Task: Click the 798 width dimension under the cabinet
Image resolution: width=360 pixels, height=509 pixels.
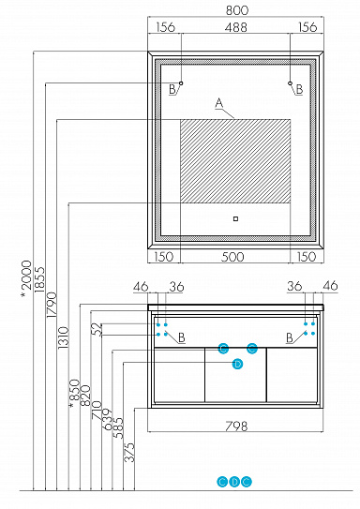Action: pyautogui.click(x=236, y=427)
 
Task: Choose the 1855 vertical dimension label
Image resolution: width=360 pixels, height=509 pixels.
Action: pyautogui.click(x=38, y=280)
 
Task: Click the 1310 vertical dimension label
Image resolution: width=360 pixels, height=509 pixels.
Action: pyautogui.click(x=63, y=348)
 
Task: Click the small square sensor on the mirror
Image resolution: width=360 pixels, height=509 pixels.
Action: pyautogui.click(x=234, y=220)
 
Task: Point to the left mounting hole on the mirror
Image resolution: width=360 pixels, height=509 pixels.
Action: pyautogui.click(x=181, y=83)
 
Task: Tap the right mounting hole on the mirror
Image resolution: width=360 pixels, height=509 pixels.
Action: pyautogui.click(x=290, y=83)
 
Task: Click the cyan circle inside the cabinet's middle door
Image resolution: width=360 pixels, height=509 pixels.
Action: pyautogui.click(x=237, y=364)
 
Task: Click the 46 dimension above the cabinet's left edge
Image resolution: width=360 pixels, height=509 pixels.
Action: pyautogui.click(x=142, y=286)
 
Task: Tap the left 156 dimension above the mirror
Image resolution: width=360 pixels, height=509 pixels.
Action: pyautogui.click(x=165, y=28)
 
